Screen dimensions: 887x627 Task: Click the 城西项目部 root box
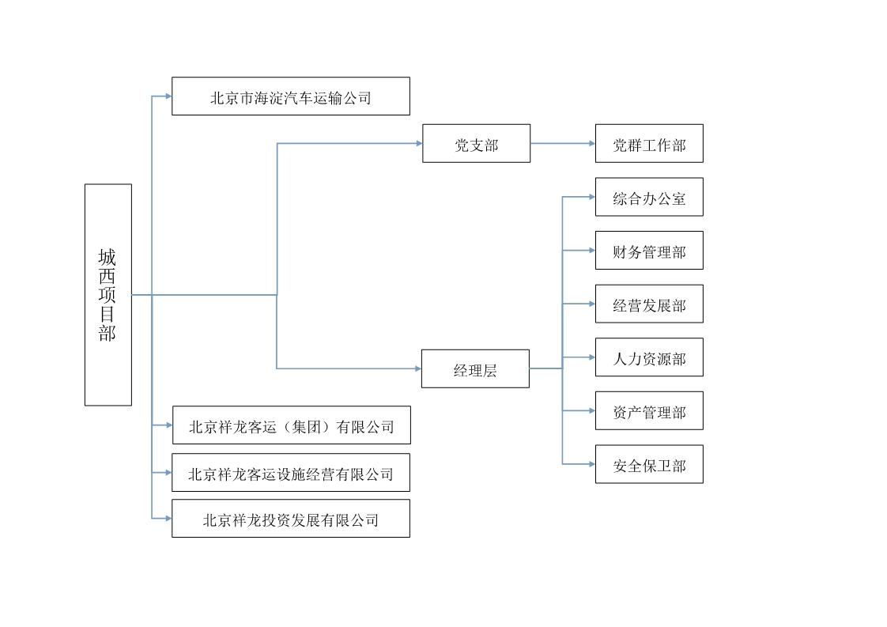click(x=108, y=295)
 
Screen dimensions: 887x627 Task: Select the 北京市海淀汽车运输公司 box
click(x=291, y=96)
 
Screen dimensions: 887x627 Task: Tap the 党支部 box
click(x=477, y=144)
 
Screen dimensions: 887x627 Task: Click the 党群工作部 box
click(x=649, y=144)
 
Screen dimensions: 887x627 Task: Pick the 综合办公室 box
click(x=649, y=197)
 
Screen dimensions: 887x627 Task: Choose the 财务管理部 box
click(x=649, y=250)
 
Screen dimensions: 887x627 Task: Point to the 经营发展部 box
click(x=649, y=304)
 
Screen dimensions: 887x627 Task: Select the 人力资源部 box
click(x=649, y=357)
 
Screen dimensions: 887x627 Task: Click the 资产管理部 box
click(x=649, y=411)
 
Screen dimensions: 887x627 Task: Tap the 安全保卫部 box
click(x=649, y=464)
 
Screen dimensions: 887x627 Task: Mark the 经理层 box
click(x=476, y=369)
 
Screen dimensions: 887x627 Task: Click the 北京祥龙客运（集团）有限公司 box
click(x=292, y=425)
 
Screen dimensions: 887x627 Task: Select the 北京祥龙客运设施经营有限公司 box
click(x=291, y=473)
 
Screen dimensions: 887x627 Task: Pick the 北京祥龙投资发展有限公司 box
click(x=291, y=519)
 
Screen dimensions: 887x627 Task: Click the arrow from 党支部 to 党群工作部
click(x=563, y=144)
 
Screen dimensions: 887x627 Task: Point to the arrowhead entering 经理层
click(x=418, y=369)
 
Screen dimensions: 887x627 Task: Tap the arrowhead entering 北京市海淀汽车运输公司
click(x=168, y=96)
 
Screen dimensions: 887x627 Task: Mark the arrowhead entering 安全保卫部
click(x=592, y=464)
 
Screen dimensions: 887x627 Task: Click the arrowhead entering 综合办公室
click(x=592, y=197)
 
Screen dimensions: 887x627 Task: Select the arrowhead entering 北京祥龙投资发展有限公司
click(x=168, y=519)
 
